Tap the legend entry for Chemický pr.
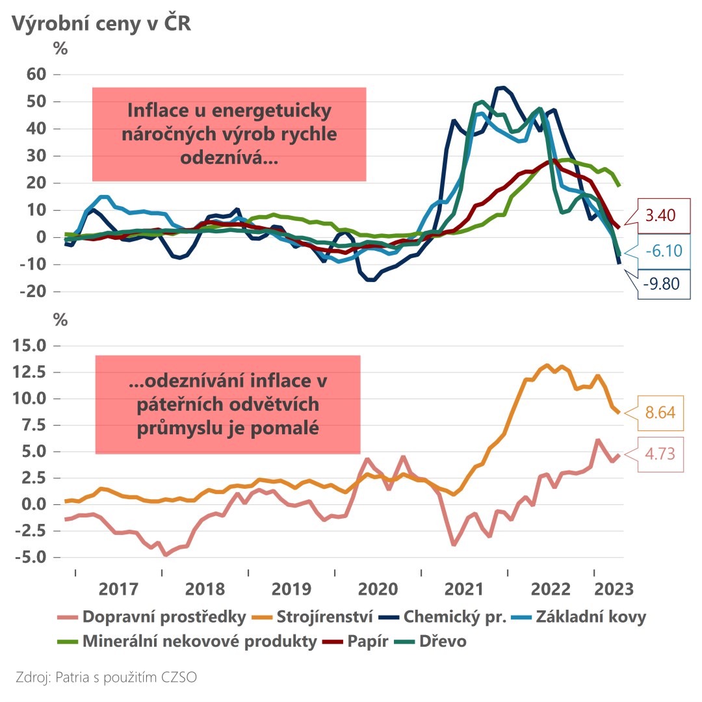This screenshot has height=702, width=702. click(x=455, y=616)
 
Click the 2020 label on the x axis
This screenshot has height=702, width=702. click(x=378, y=590)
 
